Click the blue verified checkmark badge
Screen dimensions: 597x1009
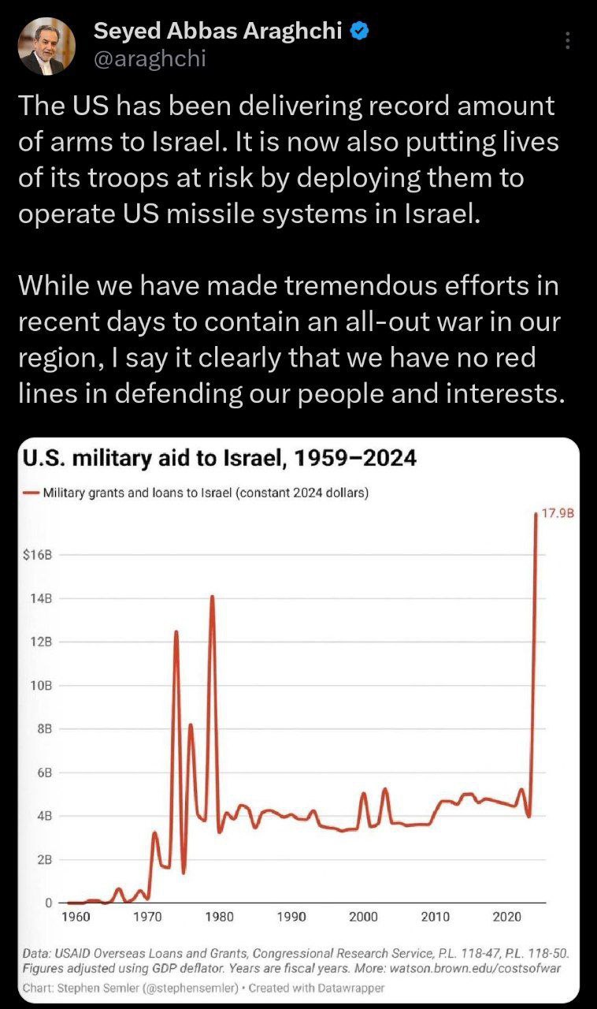click(360, 31)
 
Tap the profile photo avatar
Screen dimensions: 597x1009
click(46, 47)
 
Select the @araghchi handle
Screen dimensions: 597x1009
click(150, 58)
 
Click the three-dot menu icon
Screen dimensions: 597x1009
click(568, 40)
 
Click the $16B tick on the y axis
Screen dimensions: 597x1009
click(37, 555)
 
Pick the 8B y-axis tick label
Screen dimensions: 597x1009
click(45, 729)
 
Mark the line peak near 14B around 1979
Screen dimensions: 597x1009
click(212, 597)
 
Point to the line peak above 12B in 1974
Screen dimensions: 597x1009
click(176, 631)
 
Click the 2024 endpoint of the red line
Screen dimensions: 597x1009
click(536, 513)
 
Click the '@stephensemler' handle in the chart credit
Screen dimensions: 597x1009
click(191, 988)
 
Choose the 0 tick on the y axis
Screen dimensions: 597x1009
click(48, 903)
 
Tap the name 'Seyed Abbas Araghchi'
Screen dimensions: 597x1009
click(218, 31)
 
